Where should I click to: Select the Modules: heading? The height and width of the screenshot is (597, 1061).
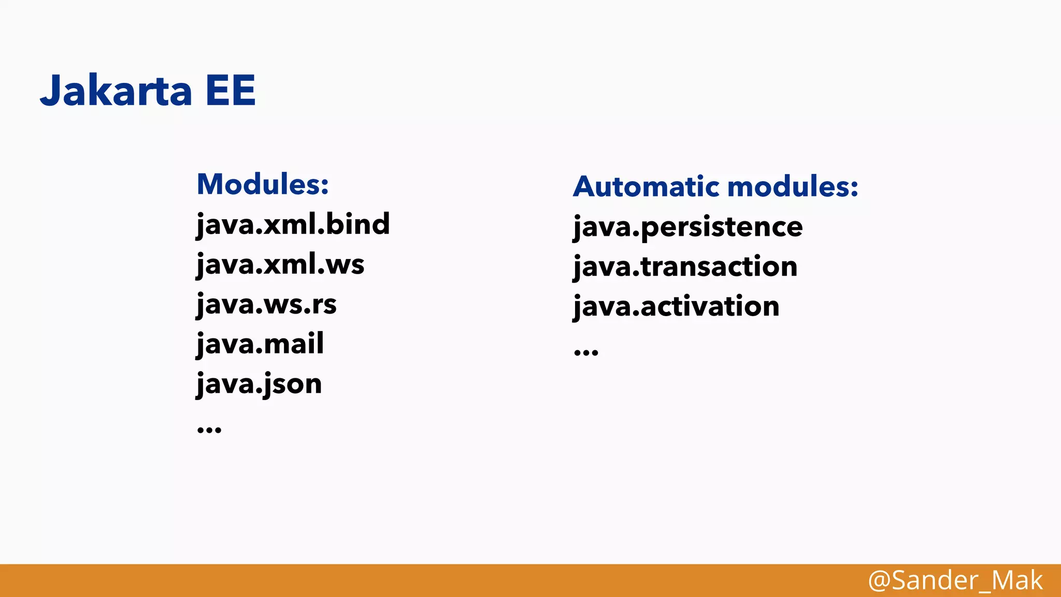[263, 184]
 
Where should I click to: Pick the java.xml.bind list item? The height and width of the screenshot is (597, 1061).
[293, 224]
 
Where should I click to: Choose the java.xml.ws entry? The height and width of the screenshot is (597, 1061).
[280, 264]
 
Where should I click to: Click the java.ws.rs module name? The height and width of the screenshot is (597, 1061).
[266, 304]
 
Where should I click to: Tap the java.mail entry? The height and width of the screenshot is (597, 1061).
[260, 344]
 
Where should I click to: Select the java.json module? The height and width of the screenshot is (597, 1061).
[259, 384]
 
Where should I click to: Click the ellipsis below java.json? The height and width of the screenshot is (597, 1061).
[209, 429]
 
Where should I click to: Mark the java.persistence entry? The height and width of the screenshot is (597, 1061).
[687, 226]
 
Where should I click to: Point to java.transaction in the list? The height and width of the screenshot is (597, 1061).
[685, 266]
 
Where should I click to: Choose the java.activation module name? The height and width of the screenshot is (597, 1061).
[676, 306]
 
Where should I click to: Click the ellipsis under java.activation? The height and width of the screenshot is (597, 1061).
[586, 352]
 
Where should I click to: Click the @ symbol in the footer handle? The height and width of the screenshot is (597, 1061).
[879, 580]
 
